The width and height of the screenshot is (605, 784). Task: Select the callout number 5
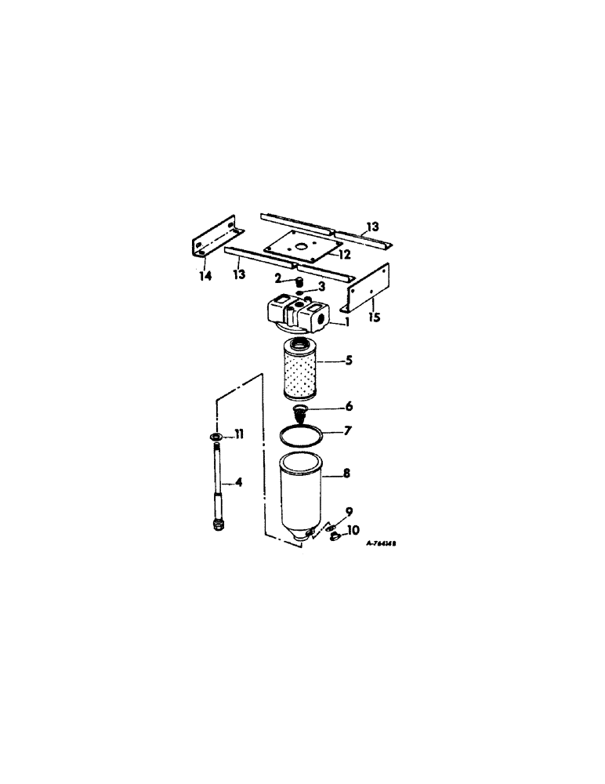point(348,362)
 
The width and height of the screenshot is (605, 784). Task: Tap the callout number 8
point(346,474)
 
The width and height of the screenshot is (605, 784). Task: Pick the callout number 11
point(239,434)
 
